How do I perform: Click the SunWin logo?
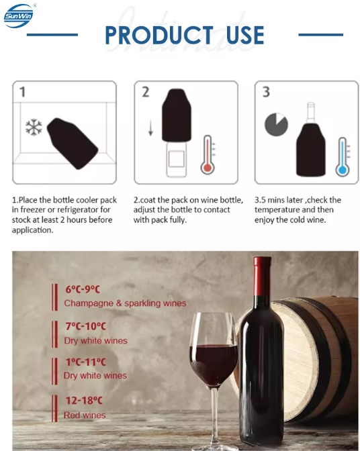[x=19, y=16]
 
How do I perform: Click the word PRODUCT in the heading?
[x=159, y=35]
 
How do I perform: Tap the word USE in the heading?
[x=245, y=35]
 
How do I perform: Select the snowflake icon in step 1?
[x=34, y=127]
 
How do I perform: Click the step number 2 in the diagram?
[x=146, y=92]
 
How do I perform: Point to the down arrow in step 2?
[x=150, y=128]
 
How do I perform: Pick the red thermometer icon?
[x=208, y=155]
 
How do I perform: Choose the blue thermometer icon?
[x=343, y=157]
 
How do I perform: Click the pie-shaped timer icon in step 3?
[x=276, y=124]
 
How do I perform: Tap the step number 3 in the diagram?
[x=266, y=92]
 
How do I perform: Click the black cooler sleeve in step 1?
[x=73, y=143]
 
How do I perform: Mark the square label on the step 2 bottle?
[x=177, y=159]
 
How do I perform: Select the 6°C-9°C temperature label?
[x=83, y=289]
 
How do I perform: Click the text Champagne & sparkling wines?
[x=125, y=303]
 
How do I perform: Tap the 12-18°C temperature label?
[x=84, y=401]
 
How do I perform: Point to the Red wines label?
[x=85, y=415]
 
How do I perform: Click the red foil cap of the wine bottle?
[x=262, y=276]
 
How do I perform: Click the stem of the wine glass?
[x=214, y=414]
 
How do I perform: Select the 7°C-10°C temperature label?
[x=86, y=326]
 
